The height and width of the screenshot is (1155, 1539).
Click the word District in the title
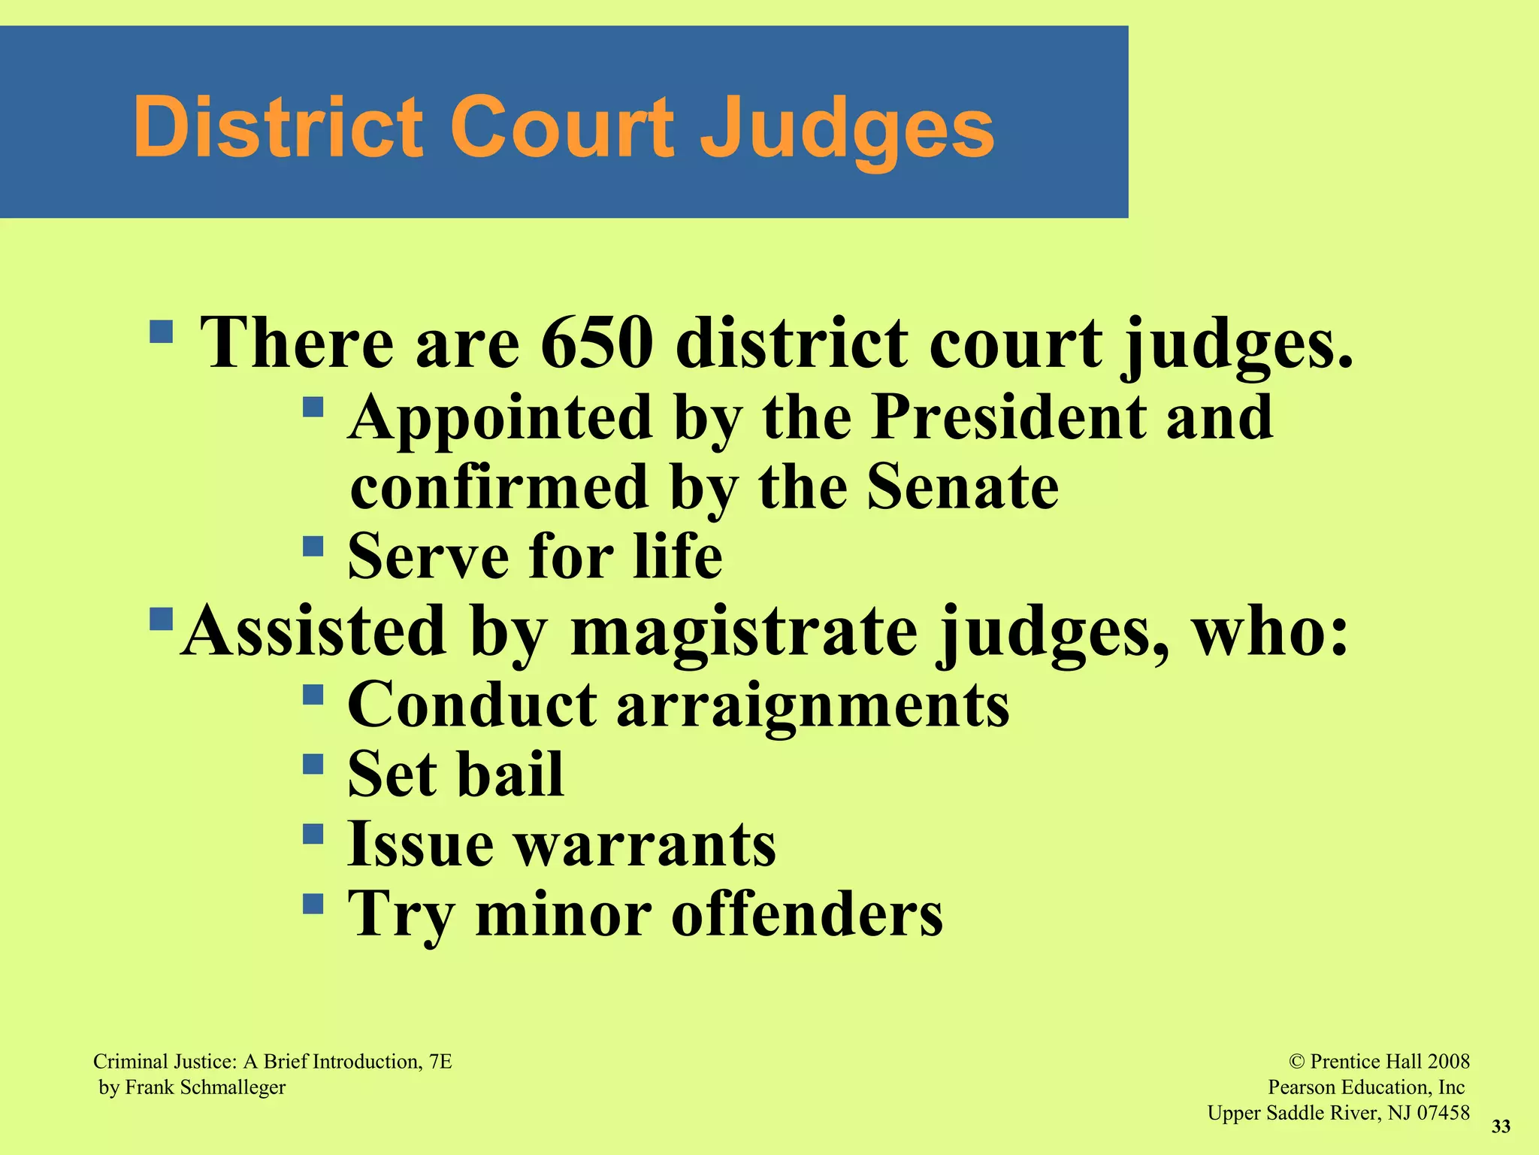(x=278, y=128)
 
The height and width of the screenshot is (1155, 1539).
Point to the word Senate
(x=963, y=487)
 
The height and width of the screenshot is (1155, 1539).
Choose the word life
(x=678, y=556)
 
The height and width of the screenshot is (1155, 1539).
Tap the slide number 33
(x=1501, y=1126)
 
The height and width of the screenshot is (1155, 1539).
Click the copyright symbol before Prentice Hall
(x=1297, y=1062)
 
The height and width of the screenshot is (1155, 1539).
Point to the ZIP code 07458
(x=1443, y=1113)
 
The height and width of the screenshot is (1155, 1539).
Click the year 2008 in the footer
(x=1448, y=1062)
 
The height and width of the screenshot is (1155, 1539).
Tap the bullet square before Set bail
(x=313, y=765)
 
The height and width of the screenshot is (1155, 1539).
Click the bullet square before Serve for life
(x=313, y=545)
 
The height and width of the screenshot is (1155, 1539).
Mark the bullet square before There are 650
(x=162, y=331)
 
